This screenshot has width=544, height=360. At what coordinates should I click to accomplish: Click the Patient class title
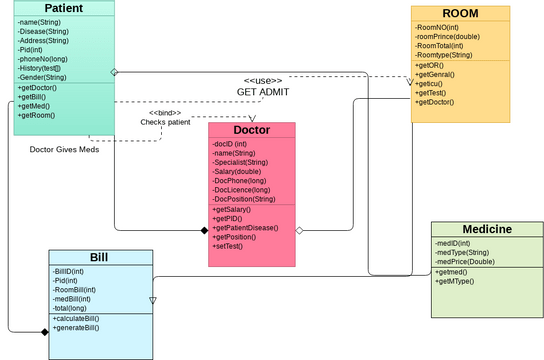63,8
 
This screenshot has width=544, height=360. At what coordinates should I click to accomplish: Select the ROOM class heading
460,13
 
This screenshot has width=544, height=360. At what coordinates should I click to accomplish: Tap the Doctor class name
252,130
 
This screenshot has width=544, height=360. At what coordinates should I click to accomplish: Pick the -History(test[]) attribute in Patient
44,67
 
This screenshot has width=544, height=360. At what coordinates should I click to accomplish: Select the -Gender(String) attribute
42,77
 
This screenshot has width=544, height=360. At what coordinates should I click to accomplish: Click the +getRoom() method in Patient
36,116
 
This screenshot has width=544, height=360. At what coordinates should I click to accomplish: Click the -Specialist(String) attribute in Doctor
240,162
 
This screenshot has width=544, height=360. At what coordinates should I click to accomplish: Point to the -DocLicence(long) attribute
242,189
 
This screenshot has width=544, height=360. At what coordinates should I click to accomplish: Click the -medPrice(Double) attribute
464,262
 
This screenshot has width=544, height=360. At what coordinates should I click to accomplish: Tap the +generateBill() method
76,328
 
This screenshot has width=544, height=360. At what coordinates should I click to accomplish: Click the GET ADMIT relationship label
263,91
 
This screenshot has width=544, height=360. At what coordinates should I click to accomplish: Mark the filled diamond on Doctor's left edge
204,230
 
